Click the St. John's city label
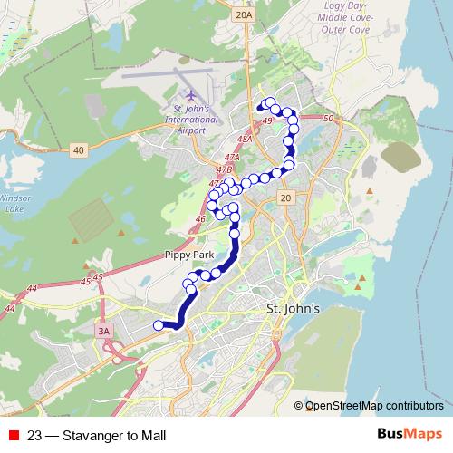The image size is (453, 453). point(293,309)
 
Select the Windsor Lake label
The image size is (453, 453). point(14,201)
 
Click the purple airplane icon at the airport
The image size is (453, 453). point(190,94)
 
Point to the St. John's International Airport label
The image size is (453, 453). point(190,119)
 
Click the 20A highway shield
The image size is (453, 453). point(243,15)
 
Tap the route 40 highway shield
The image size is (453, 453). point(80,149)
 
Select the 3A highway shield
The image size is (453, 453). point(104,332)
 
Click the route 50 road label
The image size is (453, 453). point(328,119)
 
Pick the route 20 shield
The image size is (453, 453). point(286,198)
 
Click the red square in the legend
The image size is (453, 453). point(14,436)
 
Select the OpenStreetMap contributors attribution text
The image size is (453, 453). point(374,406)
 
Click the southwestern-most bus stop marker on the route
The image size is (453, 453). point(159,325)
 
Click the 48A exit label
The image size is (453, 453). point(243,140)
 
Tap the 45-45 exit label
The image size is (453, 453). point(92,276)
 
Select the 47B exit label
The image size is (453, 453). point(225,169)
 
